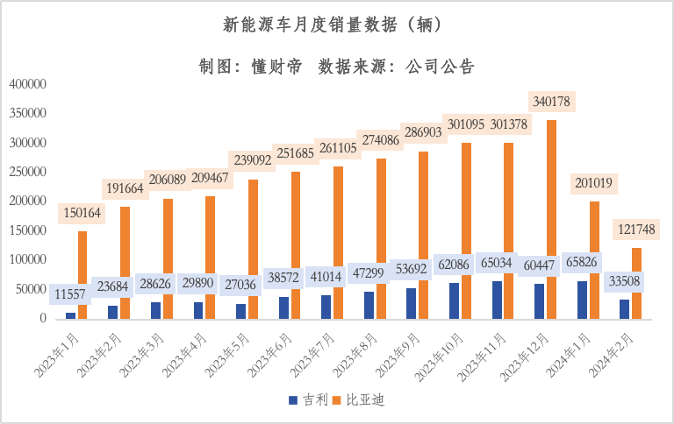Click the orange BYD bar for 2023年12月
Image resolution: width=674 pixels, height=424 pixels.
coord(551,219)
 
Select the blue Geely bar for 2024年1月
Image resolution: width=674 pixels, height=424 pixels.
coord(582,302)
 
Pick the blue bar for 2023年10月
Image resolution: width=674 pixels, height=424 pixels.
coord(454,302)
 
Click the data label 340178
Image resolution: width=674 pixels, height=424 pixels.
coord(550,102)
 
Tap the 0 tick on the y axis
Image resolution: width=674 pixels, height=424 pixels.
coord(41,318)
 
